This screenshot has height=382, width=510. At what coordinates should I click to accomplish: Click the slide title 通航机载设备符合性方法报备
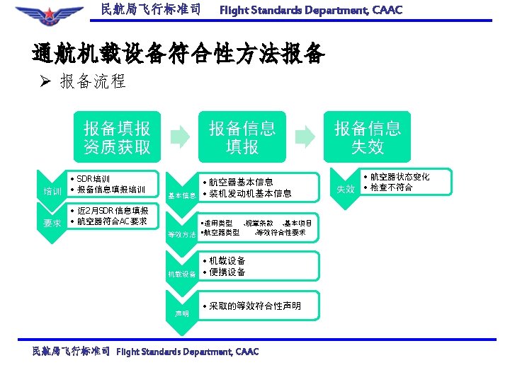coord(178,54)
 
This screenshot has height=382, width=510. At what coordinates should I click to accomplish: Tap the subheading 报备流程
coord(93,82)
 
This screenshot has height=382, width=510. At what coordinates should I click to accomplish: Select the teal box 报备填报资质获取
coord(117,137)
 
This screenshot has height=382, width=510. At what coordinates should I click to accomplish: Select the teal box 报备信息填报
coord(242,137)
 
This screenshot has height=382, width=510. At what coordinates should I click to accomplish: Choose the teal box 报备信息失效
coord(368,137)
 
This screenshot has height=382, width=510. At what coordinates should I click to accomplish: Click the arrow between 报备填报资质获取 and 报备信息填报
coord(181,134)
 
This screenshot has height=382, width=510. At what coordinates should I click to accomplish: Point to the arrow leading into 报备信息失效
coord(305,134)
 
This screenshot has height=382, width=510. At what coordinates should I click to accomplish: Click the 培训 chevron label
coord(52,192)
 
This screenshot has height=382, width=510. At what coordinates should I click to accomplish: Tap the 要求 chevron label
coord(52,224)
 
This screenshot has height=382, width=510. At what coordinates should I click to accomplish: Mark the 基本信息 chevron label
coord(181,195)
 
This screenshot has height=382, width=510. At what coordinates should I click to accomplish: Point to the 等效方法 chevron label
coord(181,234)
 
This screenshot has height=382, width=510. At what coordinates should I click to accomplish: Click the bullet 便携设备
coord(227,272)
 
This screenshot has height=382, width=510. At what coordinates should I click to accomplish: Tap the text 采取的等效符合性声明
coord(255,306)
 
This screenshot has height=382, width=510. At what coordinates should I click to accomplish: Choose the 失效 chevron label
coord(345,189)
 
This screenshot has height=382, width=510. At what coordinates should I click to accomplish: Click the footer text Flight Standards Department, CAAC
coord(188,352)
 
